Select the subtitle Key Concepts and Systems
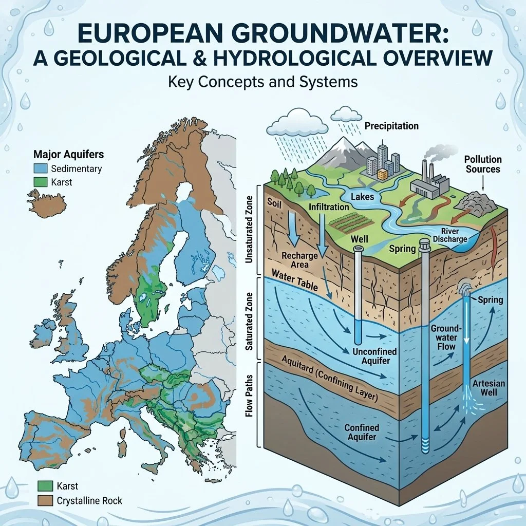click(x=262, y=82)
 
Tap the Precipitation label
click(x=391, y=126)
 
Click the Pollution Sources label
click(x=482, y=164)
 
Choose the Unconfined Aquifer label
click(x=372, y=356)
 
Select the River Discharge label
click(x=450, y=235)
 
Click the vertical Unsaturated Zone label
click(x=250, y=231)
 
